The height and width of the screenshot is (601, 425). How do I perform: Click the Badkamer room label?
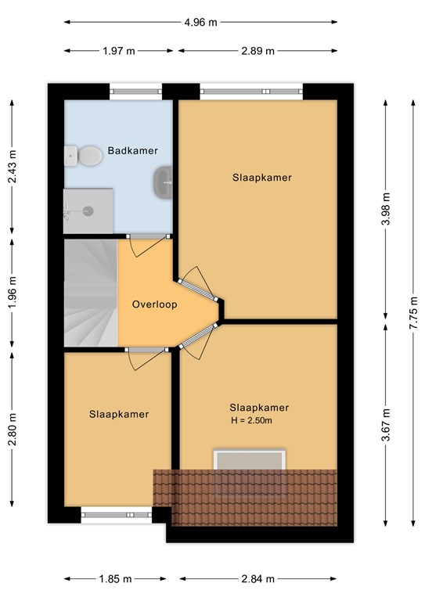point(132,150)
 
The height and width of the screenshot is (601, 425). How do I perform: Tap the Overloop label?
point(154,304)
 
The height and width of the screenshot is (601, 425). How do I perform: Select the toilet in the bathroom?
point(83,156)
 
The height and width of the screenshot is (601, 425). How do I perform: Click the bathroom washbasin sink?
point(163,183)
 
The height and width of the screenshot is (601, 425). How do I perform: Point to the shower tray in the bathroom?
point(88,211)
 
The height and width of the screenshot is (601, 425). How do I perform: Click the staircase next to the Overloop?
point(91,293)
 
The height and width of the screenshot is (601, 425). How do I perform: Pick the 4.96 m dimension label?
point(200,22)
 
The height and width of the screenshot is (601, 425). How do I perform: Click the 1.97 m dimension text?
point(119,51)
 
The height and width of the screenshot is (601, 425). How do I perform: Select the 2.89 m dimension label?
point(258,51)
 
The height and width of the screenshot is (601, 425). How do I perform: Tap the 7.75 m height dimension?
point(413,312)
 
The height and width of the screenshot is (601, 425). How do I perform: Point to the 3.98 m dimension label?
point(386,209)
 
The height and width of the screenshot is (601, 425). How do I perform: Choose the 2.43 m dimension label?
point(13,167)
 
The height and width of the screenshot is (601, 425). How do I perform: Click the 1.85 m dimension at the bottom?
point(115,579)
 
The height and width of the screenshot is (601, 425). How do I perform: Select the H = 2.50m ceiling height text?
point(252,420)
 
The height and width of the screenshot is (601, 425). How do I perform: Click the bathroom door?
point(148,245)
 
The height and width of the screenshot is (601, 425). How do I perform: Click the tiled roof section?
point(245,498)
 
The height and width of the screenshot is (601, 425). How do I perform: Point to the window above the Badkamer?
point(136,92)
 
